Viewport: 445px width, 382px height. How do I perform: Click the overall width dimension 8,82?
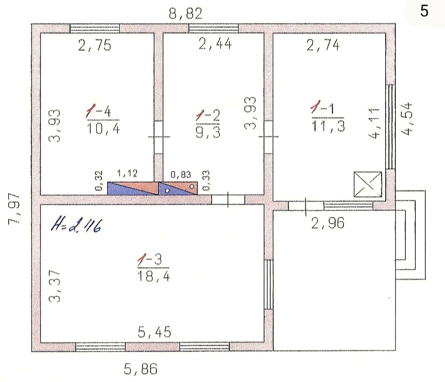[x=185, y=14]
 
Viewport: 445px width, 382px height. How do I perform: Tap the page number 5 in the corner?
[x=424, y=11]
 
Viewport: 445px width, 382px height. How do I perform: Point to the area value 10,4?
[x=103, y=129]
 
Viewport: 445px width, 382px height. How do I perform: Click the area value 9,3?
[x=208, y=132]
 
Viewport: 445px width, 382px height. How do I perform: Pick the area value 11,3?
[x=328, y=126]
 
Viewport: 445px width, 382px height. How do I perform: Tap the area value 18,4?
[x=154, y=276]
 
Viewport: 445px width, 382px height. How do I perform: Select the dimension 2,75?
[x=95, y=45]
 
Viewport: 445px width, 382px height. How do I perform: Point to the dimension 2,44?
[x=215, y=44]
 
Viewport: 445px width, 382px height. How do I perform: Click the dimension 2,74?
[x=323, y=45]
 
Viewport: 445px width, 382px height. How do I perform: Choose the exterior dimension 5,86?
[x=141, y=369]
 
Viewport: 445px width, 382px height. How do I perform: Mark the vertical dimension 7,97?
[x=14, y=209]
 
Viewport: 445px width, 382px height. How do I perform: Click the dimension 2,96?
[x=328, y=223]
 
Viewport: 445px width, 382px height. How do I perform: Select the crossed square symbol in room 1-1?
[x=368, y=184]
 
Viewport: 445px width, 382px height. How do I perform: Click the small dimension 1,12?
[x=127, y=173]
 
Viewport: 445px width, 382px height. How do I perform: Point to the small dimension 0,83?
[x=181, y=174]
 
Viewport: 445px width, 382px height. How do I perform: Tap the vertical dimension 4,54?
[x=407, y=119]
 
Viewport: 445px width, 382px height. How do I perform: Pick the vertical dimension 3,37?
[x=54, y=286]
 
